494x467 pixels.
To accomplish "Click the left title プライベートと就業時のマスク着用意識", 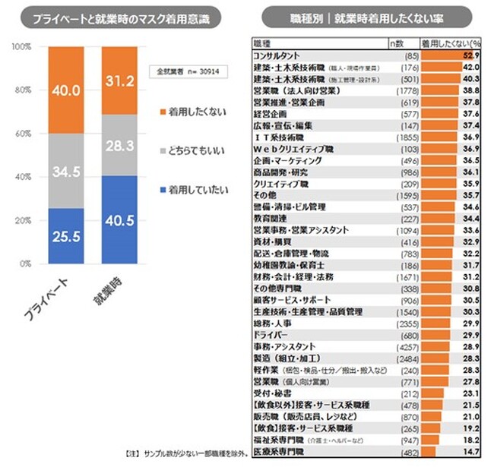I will click(x=122, y=17).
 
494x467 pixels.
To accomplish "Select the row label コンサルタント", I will click(x=276, y=55).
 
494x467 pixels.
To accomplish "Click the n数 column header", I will click(x=401, y=45).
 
